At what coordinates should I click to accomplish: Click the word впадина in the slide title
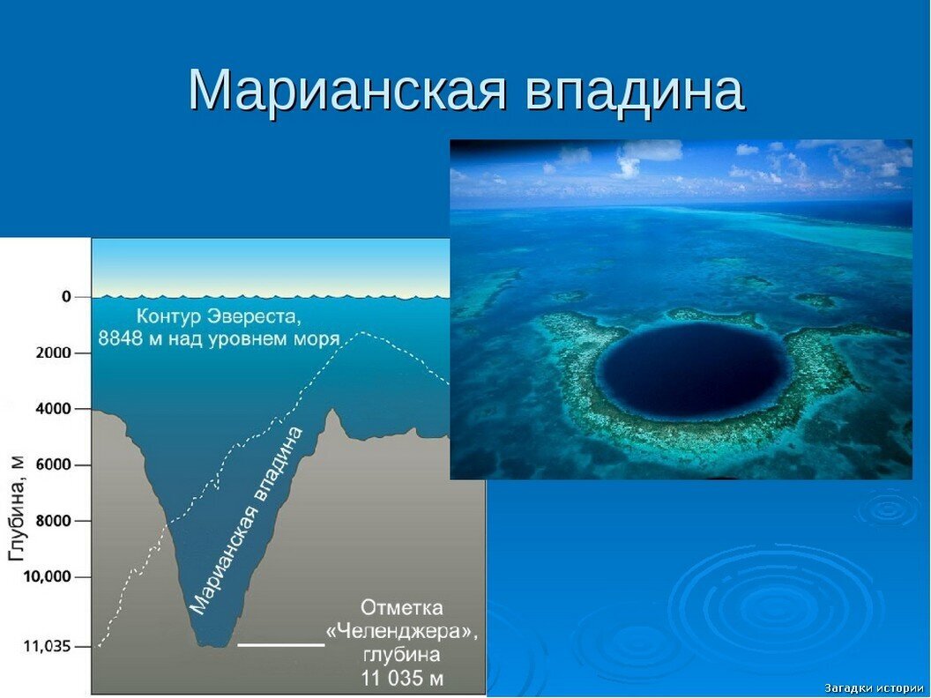click(x=635, y=89)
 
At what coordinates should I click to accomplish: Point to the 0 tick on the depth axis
click(x=66, y=297)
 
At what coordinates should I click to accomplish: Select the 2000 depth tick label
click(x=52, y=353)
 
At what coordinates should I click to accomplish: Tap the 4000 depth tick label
click(x=52, y=409)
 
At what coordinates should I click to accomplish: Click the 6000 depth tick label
click(x=52, y=464)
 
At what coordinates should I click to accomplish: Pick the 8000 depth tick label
click(x=52, y=521)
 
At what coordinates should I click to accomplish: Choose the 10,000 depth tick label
click(x=48, y=577)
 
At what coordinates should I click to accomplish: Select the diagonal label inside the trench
click(x=247, y=520)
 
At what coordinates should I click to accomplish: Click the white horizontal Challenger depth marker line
click(x=281, y=645)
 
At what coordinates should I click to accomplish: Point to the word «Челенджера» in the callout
click(x=402, y=632)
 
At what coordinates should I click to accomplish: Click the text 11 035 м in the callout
click(x=401, y=678)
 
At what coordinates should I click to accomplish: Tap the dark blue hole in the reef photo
click(x=691, y=371)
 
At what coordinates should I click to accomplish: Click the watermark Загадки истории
click(x=874, y=687)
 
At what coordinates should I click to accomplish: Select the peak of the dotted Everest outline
click(x=361, y=332)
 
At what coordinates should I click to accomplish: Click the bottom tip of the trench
click(x=212, y=645)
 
